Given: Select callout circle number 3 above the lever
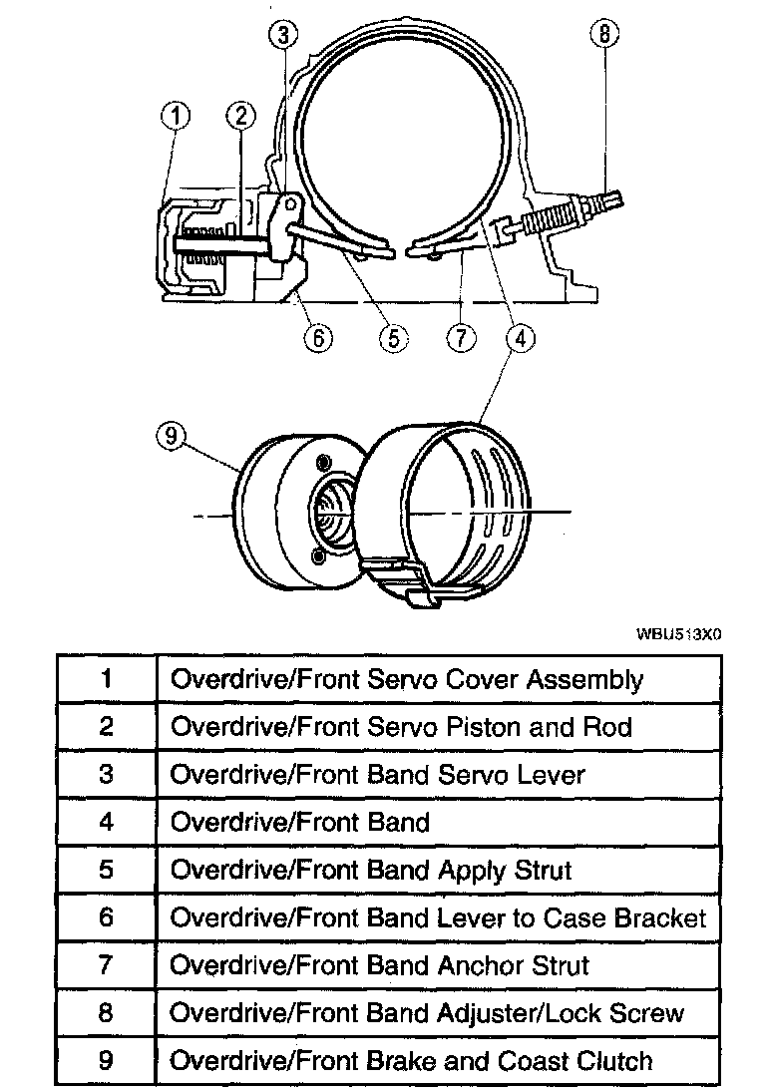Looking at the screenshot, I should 284,36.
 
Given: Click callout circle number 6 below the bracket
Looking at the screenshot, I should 319,337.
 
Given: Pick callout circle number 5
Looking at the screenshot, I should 393,338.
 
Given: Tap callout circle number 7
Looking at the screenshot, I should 460,338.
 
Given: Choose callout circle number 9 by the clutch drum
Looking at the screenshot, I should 172,437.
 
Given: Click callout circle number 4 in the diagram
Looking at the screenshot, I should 520,338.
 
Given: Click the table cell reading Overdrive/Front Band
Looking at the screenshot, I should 300,822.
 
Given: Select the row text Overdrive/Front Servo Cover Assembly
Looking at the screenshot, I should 407,679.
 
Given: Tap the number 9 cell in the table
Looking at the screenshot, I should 106,1061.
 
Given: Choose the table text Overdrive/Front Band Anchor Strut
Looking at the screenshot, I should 380,965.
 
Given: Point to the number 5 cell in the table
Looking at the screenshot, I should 106,870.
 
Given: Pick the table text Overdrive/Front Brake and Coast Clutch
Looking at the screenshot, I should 412,1061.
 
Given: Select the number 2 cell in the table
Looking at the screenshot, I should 106,726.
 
